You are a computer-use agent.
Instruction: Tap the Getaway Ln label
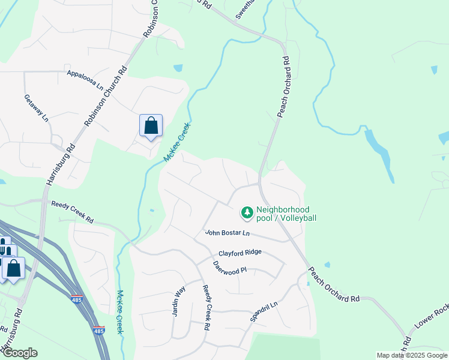click(x=36, y=108)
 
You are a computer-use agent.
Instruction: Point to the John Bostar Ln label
click(x=227, y=232)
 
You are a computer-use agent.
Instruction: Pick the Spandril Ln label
click(x=265, y=313)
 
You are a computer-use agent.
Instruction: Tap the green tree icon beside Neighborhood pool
click(x=247, y=212)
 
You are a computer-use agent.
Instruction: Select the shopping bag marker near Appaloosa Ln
click(x=151, y=126)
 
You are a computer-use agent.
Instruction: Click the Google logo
click(x=19, y=353)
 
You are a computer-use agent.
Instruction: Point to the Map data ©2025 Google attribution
click(x=412, y=355)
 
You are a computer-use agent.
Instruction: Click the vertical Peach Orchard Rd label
click(x=283, y=87)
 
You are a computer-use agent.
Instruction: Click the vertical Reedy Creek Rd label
click(x=206, y=307)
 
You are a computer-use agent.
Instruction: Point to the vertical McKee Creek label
click(x=120, y=312)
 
